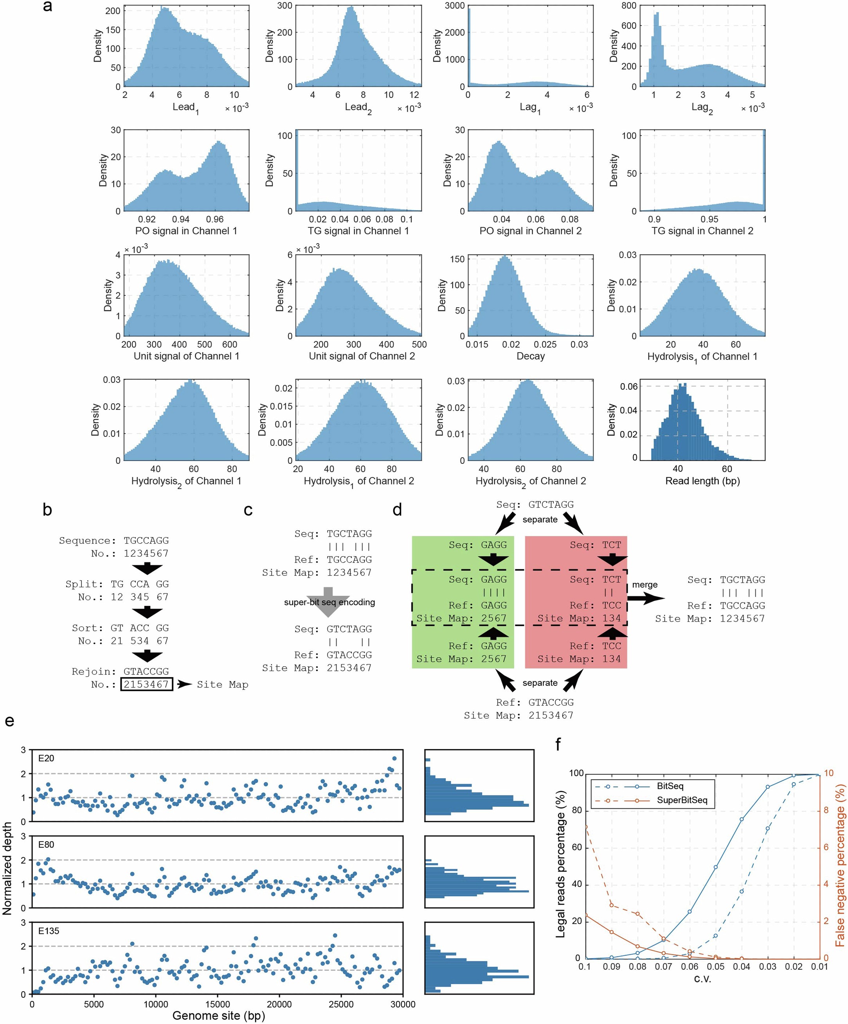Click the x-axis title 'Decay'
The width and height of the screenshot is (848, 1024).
(530, 356)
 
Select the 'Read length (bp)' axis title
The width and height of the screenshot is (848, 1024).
(702, 481)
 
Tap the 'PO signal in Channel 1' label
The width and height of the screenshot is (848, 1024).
(186, 231)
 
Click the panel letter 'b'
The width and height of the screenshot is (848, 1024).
(47, 510)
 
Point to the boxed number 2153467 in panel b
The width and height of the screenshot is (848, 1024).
(146, 685)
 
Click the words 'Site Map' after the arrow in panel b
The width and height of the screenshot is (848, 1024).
(222, 685)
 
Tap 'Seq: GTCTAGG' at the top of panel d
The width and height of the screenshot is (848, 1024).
(535, 505)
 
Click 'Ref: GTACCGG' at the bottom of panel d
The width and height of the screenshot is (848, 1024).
(535, 703)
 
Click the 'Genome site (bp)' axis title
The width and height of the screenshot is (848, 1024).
(218, 1016)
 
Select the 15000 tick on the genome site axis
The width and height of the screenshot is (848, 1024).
(217, 1004)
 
